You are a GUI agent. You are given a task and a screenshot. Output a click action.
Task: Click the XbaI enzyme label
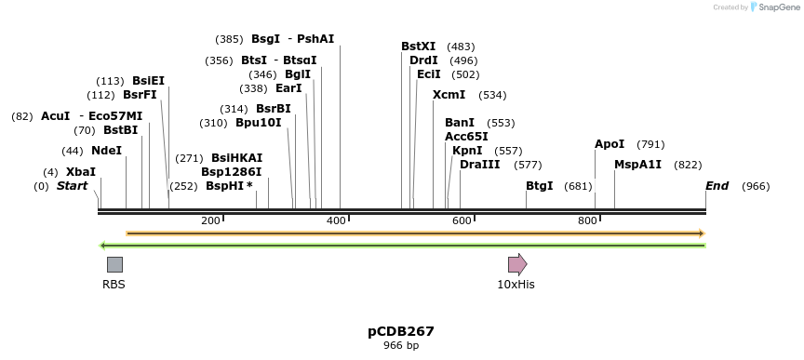[x=81, y=172]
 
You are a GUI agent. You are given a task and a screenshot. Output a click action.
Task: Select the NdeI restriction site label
[x=106, y=151]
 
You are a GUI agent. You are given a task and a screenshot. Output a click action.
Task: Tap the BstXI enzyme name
[x=418, y=47]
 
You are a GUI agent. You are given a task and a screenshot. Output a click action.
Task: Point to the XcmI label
[x=449, y=95]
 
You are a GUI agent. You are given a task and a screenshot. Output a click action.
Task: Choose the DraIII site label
[x=479, y=165]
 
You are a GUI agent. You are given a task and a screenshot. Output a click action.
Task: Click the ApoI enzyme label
[x=610, y=144]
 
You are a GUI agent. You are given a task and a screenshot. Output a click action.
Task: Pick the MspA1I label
[x=637, y=165]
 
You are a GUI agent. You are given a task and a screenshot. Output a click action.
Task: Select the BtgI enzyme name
[x=540, y=186]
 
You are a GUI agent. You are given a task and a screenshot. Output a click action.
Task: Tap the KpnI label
[x=467, y=151]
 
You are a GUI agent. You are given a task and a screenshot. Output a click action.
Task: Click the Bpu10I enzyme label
[x=258, y=123]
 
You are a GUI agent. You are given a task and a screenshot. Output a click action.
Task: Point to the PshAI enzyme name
[x=315, y=39]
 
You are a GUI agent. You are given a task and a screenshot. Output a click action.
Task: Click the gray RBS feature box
[x=114, y=264]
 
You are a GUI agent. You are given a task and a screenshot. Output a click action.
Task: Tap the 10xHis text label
[x=516, y=284]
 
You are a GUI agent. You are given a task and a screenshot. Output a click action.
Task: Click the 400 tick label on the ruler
[x=336, y=220]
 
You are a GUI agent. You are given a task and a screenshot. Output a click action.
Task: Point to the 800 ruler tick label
[x=586, y=220]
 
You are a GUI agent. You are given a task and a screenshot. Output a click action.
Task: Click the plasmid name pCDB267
[x=401, y=331]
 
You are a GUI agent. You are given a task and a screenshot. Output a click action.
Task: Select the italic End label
[x=717, y=186]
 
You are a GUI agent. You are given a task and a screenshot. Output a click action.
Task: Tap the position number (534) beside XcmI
[x=492, y=95]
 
